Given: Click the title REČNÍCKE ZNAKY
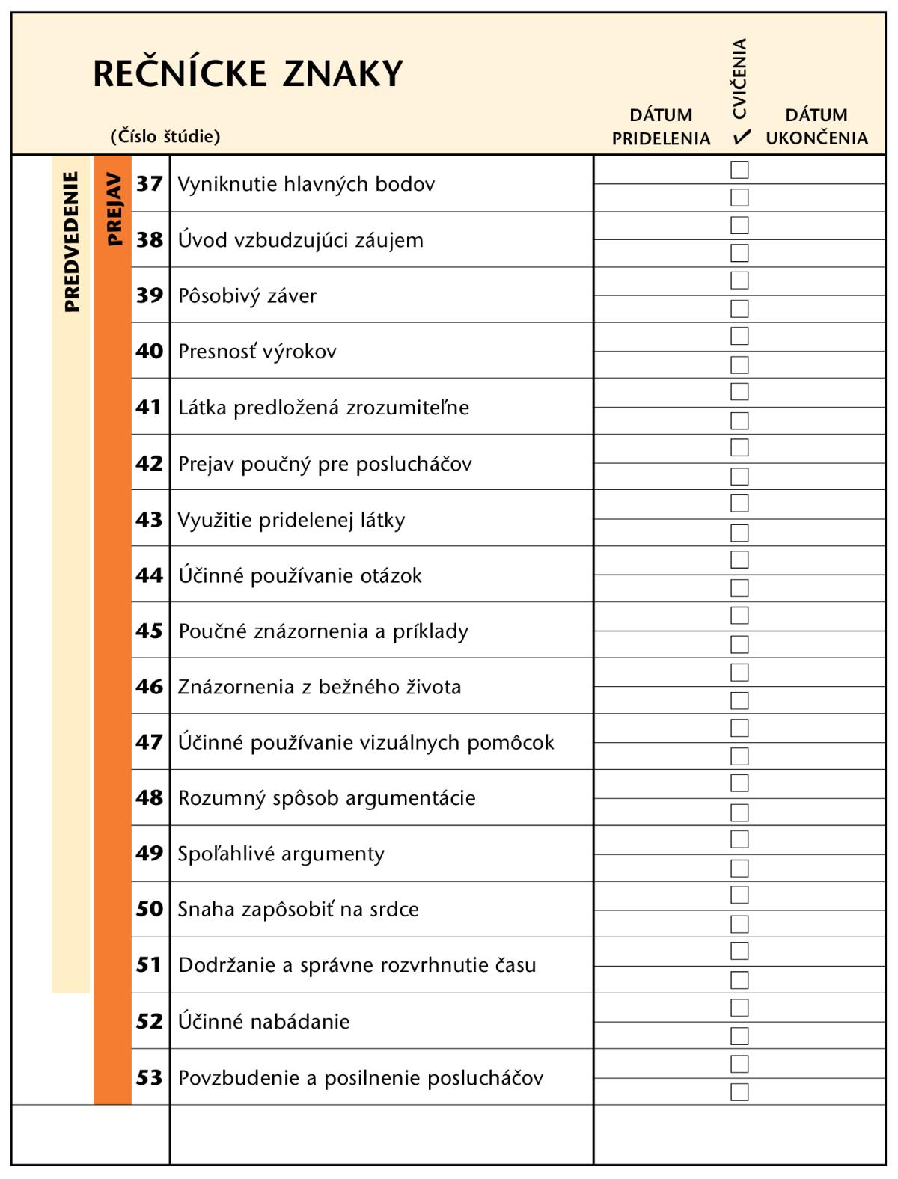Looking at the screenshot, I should [x=248, y=73].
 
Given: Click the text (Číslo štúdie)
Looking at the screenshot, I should [x=165, y=136].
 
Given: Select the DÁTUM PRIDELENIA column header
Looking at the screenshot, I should [x=661, y=126].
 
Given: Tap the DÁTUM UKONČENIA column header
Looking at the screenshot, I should [x=816, y=126].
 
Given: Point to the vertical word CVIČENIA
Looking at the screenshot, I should [x=740, y=79].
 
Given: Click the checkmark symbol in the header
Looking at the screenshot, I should [x=742, y=138].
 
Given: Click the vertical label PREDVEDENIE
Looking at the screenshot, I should [x=71, y=241].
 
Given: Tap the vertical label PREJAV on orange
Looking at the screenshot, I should [x=113, y=209].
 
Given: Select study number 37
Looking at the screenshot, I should [x=150, y=183].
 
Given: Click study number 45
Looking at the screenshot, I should [x=150, y=631].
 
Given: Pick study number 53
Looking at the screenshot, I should [x=150, y=1077].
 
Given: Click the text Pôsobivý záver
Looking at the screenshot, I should [x=247, y=295].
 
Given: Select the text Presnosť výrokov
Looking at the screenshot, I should [x=257, y=351].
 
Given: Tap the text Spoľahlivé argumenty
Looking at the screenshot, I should [x=281, y=854].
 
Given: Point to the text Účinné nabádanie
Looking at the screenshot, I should [x=263, y=1021].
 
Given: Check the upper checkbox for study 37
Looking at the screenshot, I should [x=739, y=170].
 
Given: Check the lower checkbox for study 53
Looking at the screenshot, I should [x=739, y=1091].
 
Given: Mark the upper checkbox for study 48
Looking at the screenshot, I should [x=739, y=783].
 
